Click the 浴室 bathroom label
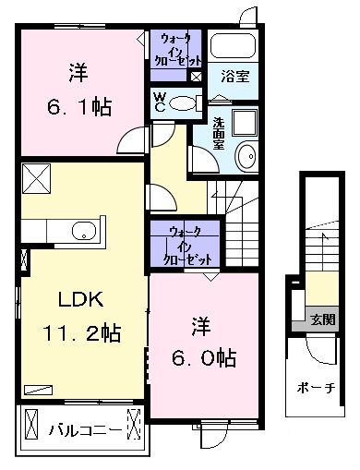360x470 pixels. (x=235, y=77)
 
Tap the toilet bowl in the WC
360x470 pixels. (x=182, y=103)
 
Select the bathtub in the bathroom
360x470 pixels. (x=233, y=44)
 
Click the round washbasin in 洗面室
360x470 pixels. (x=246, y=156)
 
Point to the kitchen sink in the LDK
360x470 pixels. (x=84, y=230)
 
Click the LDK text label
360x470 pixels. (x=81, y=299)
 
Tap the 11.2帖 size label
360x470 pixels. (x=81, y=332)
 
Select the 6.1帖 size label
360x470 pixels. (x=78, y=107)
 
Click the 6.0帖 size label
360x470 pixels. (x=204, y=358)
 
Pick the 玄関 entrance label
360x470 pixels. (x=322, y=319)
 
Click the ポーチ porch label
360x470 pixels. (x=316, y=388)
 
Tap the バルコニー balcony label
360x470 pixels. (x=85, y=430)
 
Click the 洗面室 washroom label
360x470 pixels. (x=219, y=133)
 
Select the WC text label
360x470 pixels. (x=160, y=102)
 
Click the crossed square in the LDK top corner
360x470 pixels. (x=37, y=178)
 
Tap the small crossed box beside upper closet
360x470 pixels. (x=196, y=77)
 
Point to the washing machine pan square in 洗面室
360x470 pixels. (x=245, y=123)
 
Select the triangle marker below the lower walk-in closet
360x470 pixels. (x=210, y=276)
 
